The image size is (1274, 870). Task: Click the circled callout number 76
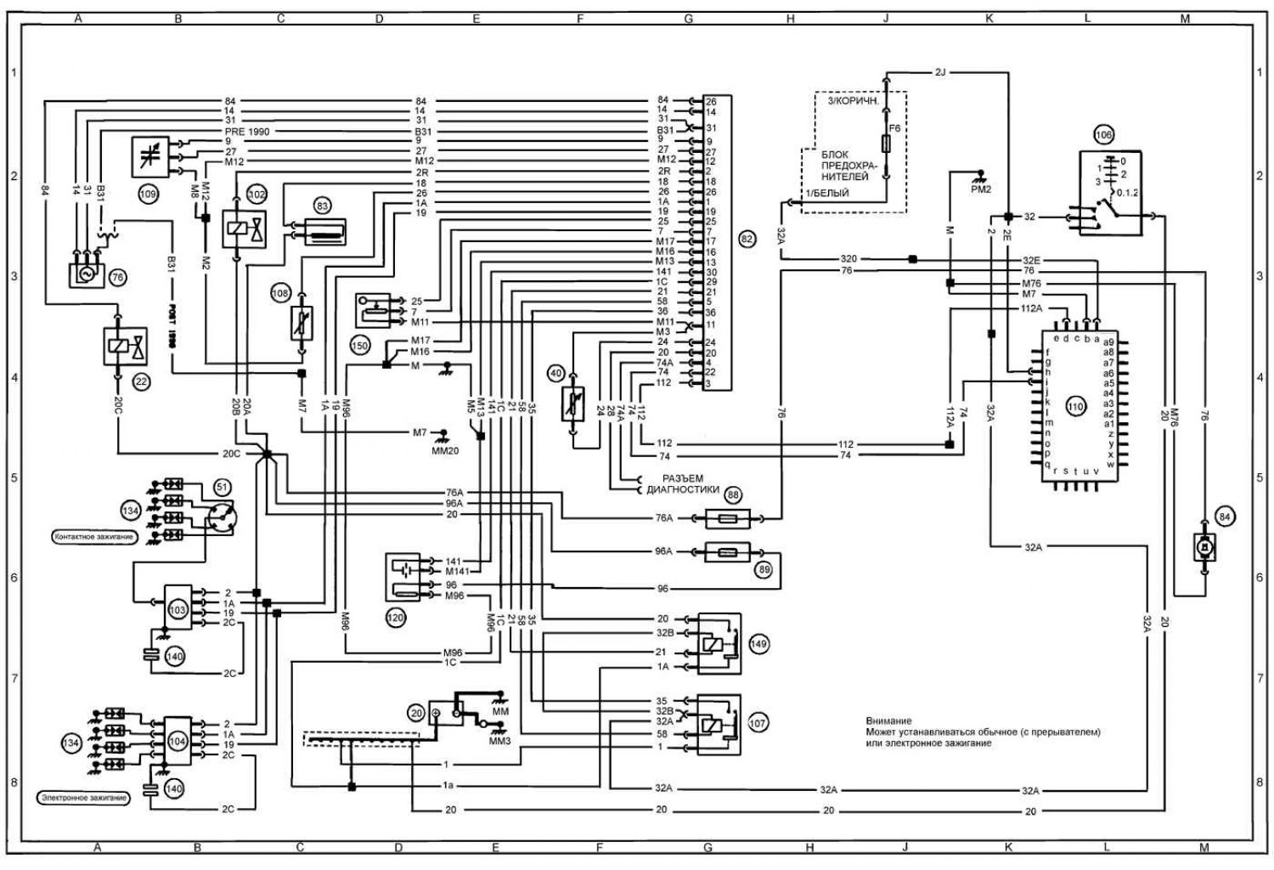pyautogui.click(x=117, y=277)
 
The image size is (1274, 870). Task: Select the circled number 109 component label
pyautogui.click(x=149, y=194)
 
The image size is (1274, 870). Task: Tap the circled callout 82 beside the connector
pyautogui.click(x=747, y=240)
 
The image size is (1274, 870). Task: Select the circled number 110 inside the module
pyautogui.click(x=1076, y=408)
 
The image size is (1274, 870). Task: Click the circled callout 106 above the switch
pyautogui.click(x=1102, y=134)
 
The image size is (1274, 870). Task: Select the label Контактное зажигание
pyautogui.click(x=93, y=537)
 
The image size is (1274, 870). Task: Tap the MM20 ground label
pyautogui.click(x=444, y=450)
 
